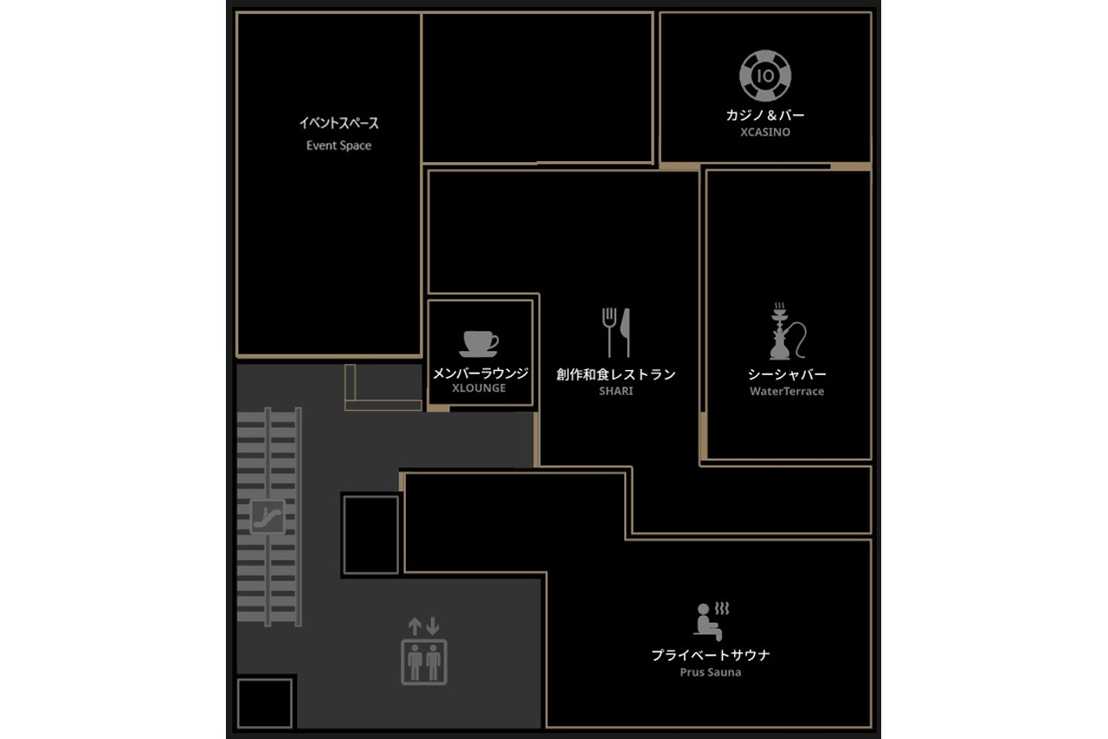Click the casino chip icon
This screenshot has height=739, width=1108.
tap(765, 75)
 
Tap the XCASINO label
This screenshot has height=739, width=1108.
tap(765, 133)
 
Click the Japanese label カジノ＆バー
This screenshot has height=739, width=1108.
tap(765, 115)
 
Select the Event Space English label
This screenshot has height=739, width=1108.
tap(338, 146)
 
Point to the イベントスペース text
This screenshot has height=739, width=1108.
tap(338, 123)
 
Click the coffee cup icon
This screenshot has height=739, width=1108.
tap(479, 344)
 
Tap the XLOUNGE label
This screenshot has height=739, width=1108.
tap(479, 388)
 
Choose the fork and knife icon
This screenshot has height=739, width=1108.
tap(616, 332)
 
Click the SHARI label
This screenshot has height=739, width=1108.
tap(615, 391)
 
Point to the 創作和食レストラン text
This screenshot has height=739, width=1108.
tap(615, 374)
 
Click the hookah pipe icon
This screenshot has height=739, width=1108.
tap(787, 331)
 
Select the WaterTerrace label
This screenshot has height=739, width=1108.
tap(787, 392)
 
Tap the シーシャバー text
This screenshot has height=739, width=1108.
tap(787, 374)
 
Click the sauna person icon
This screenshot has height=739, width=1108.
tap(711, 621)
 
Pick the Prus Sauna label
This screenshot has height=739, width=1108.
tap(711, 672)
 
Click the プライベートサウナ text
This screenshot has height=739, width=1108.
tap(711, 655)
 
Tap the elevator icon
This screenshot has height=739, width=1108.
tap(424, 662)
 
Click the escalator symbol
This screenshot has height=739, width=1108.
tap(267, 516)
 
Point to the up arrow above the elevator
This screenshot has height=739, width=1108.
tap(415, 626)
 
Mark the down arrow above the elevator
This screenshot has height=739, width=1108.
tap(433, 626)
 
